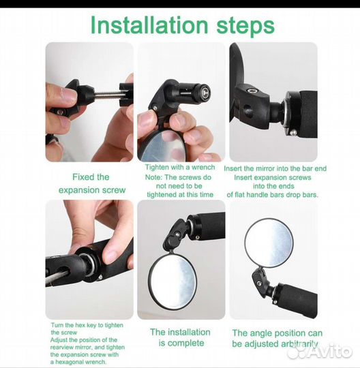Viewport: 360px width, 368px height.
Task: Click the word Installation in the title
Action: click(149, 25)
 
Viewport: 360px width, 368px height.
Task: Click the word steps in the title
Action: click(245, 27)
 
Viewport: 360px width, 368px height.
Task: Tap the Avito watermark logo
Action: click(320, 351)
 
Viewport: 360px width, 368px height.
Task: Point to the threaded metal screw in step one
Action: click(107, 95)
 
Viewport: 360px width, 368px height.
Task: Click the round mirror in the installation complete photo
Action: click(172, 281)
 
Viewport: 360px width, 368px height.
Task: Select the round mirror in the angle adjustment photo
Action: click(269, 242)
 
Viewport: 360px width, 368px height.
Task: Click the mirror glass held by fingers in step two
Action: click(163, 146)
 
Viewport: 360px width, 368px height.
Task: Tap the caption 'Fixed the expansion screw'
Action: click(91, 183)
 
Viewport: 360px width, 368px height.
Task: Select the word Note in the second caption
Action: click(153, 177)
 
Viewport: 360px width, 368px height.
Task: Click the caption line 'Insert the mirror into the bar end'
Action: click(275, 168)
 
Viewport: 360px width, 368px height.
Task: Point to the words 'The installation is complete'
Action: click(181, 337)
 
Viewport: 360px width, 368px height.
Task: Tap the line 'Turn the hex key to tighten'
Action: click(87, 325)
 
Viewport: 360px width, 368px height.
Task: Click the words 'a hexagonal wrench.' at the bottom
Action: click(78, 362)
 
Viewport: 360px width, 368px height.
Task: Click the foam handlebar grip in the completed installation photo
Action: click(209, 226)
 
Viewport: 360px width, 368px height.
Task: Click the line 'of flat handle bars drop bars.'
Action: click(273, 195)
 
